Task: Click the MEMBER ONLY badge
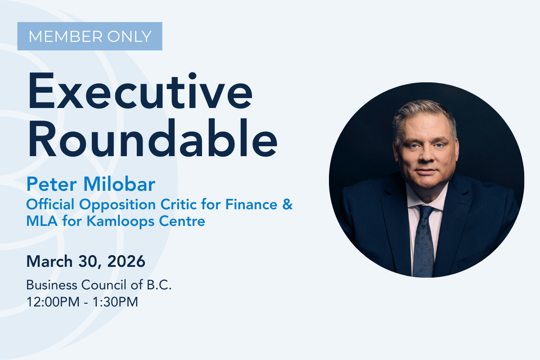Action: coord(90,36)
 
